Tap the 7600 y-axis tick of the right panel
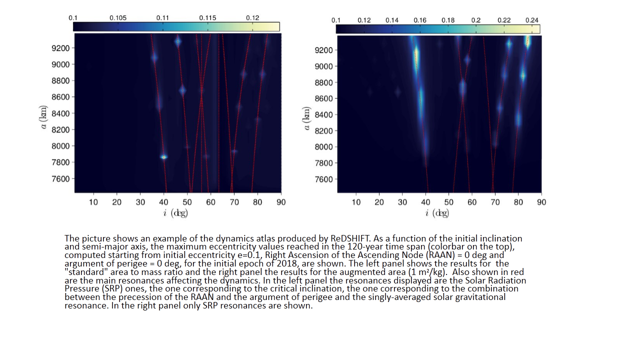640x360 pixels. (325, 179)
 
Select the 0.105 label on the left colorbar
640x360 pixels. (118, 18)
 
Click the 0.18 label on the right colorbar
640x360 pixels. (448, 20)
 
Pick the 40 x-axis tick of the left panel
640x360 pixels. (163, 202)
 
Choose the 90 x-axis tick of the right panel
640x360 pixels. (541, 202)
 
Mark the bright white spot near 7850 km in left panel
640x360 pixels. (163, 157)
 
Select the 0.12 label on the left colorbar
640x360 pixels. (253, 18)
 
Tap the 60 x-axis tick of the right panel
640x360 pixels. (472, 202)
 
